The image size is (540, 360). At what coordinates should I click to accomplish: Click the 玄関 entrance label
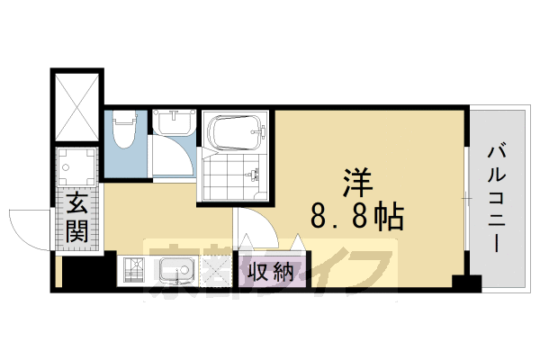point(77,218)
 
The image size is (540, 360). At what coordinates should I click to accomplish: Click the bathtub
point(237,131)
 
